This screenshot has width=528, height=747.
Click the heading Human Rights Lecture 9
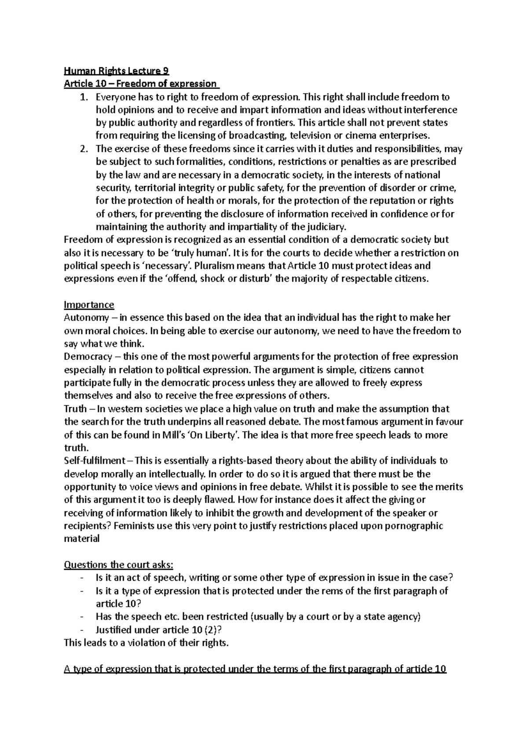pyautogui.click(x=116, y=71)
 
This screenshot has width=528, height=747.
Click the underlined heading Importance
pyautogui.click(x=89, y=304)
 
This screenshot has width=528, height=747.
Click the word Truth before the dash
pyautogui.click(x=75, y=409)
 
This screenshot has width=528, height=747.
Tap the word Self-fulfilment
pyautogui.click(x=94, y=461)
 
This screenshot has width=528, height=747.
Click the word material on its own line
pyautogui.click(x=82, y=539)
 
